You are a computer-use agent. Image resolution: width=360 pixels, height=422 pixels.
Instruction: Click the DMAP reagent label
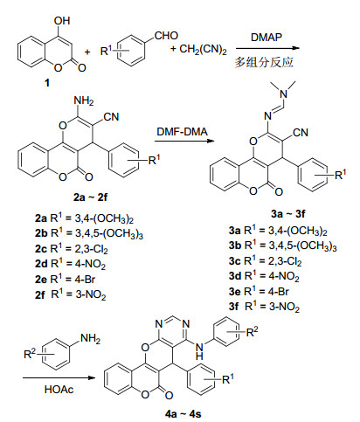coord(267,38)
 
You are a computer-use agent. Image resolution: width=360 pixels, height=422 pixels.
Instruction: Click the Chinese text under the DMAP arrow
coord(264,62)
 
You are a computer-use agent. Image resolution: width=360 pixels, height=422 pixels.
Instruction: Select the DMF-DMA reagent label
coord(182,132)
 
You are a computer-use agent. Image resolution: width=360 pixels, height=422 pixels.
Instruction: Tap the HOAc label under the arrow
coord(59,389)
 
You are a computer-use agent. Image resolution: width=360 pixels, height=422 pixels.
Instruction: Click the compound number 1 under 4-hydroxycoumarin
coord(47,83)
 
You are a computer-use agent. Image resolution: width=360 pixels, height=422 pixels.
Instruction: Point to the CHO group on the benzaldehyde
coord(166,36)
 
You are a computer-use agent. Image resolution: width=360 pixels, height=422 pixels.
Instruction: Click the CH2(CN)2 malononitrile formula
coord(203,49)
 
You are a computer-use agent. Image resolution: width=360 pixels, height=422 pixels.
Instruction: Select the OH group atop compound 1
coord(62,21)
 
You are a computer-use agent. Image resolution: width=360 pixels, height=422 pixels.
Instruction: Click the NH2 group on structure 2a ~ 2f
coord(84,101)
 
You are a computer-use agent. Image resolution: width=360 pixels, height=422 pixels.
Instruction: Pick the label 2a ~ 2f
coord(90,197)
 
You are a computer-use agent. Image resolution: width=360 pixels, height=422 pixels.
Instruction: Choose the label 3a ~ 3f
coord(288,213)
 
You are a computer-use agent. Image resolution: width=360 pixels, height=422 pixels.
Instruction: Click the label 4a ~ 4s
coord(183,414)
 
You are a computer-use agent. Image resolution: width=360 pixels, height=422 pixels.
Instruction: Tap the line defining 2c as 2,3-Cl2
coord(72,249)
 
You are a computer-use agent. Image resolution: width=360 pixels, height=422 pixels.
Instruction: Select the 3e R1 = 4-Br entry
coord(259,291)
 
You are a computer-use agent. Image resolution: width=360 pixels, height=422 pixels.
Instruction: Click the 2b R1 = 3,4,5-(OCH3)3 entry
coord(89,233)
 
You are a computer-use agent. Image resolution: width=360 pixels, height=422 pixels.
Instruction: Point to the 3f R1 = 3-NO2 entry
coord(264,307)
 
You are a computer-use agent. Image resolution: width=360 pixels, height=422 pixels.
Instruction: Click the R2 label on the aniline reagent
coord(30,353)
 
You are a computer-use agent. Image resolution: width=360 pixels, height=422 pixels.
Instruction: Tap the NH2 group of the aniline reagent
coord(90,339)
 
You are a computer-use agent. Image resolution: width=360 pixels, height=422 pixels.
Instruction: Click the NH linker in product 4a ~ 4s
coord(199,351)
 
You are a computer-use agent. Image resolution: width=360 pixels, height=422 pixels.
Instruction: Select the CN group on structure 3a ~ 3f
coord(301,133)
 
